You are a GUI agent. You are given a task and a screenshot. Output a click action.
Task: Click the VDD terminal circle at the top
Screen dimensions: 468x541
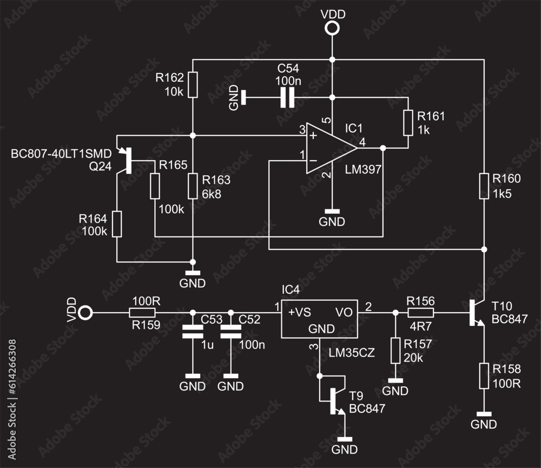(332, 29)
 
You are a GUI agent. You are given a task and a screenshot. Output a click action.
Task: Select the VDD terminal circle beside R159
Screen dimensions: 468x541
(85, 313)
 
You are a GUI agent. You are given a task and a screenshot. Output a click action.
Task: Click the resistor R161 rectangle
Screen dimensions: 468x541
(408, 123)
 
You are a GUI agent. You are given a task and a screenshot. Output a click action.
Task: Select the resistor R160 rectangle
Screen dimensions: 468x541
(484, 186)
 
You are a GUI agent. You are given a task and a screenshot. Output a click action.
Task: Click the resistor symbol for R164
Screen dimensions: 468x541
(117, 224)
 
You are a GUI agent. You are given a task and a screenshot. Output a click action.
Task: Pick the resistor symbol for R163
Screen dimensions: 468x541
(193, 186)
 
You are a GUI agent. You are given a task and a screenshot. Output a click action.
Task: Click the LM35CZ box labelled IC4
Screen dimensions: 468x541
(319, 319)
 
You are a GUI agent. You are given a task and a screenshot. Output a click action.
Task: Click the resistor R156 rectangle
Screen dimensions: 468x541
(420, 313)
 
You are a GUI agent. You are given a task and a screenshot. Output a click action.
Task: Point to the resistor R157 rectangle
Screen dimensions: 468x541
(395, 350)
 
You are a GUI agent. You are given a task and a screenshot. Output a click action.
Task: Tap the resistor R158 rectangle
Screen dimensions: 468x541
(484, 376)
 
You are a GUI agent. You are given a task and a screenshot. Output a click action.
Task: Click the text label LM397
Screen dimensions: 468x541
(363, 170)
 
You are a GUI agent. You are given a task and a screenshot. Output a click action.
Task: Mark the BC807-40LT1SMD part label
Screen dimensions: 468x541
(61, 154)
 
